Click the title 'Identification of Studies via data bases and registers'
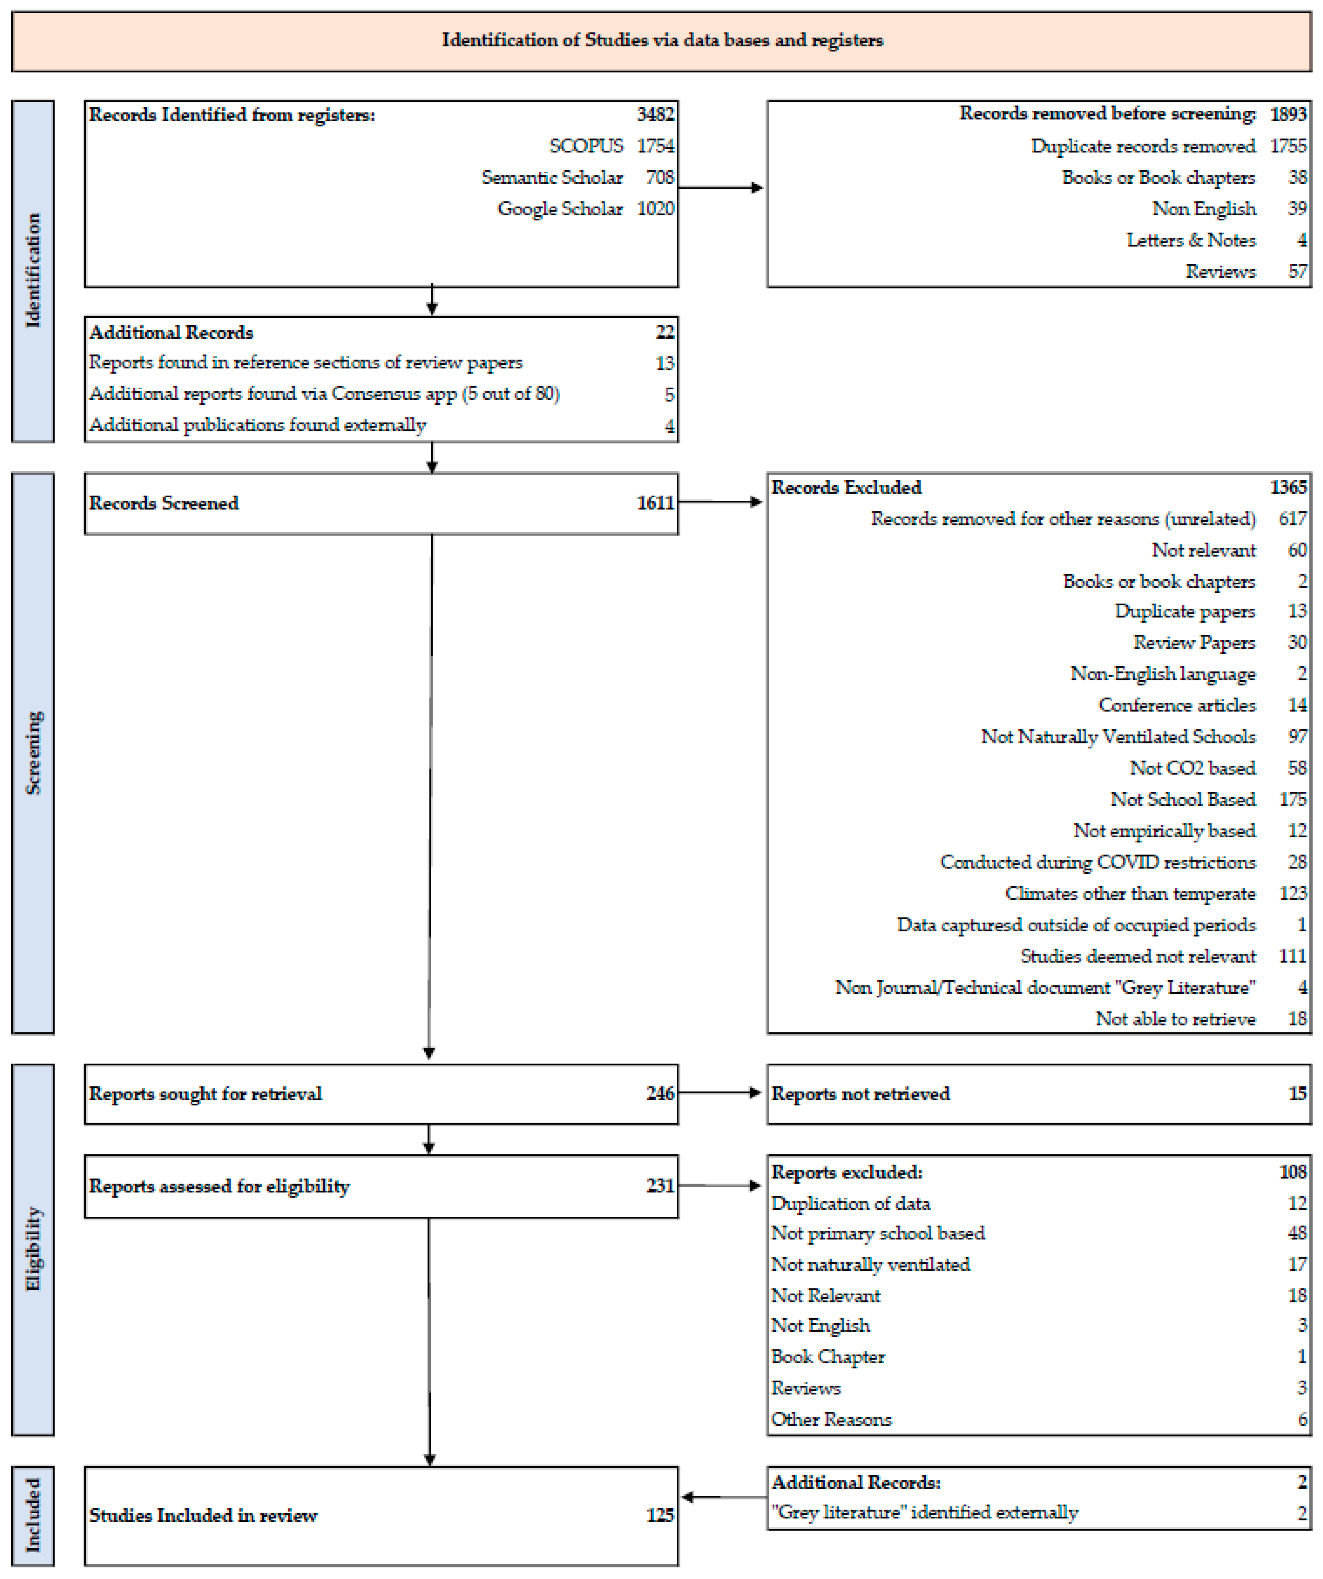(x=662, y=40)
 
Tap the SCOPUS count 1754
(x=655, y=146)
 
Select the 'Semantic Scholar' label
(x=552, y=177)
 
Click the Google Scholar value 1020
(x=655, y=209)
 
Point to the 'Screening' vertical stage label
(x=33, y=752)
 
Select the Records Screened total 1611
(x=655, y=503)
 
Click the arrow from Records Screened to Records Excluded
(x=720, y=501)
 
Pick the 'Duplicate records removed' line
(x=1142, y=146)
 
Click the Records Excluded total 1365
(x=1288, y=487)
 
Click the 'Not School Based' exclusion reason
(x=1182, y=799)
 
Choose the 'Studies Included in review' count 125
(x=659, y=1515)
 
